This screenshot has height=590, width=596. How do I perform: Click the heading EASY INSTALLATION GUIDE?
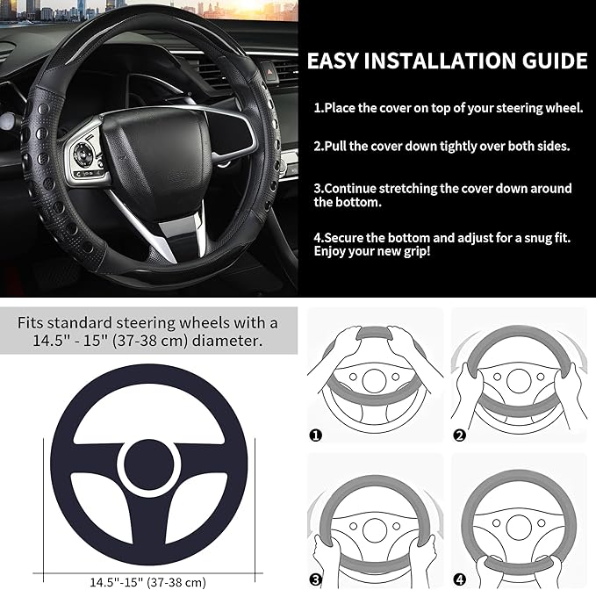[447, 61]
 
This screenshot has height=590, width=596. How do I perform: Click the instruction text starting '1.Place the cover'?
[448, 107]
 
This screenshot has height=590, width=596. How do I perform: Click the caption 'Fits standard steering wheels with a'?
[147, 322]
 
